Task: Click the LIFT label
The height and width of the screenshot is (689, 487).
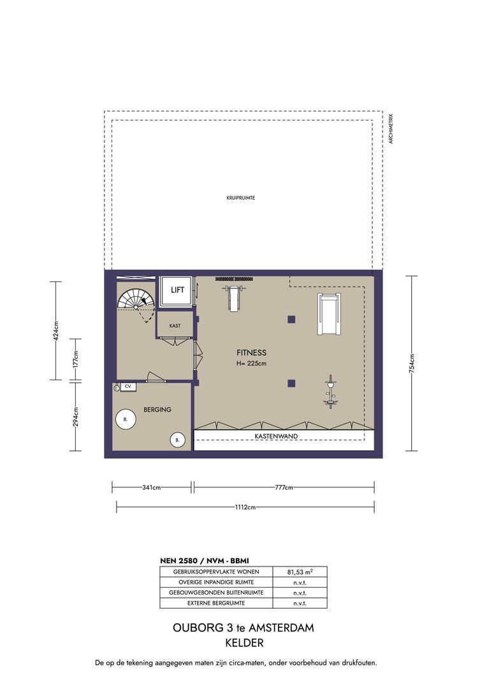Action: coord(177,290)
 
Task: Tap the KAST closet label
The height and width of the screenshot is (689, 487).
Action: coord(175,326)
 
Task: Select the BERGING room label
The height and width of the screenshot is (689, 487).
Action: coord(157,410)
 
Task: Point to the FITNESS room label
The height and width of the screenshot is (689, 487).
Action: coord(251,352)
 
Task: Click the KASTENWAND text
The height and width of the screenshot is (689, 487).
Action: coord(276,436)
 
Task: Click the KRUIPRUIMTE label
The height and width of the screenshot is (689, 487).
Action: coord(241,198)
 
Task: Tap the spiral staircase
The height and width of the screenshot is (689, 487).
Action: coord(136,299)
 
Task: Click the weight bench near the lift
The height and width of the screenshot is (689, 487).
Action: coord(233,297)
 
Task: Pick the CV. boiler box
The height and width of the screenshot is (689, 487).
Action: coord(128,387)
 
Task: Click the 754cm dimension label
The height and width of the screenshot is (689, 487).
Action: coord(412,364)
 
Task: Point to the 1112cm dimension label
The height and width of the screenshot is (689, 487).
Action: coord(245,507)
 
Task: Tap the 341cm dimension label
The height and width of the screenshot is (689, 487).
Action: coord(152,487)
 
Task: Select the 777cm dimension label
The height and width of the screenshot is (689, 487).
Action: coord(284,487)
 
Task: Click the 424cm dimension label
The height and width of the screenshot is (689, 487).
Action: coord(55,331)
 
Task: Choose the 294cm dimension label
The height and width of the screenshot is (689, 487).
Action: coord(75,417)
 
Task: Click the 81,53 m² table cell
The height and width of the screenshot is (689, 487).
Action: coord(300,572)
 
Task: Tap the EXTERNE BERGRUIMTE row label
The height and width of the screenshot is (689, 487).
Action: coord(216,604)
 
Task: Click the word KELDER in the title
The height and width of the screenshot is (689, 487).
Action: coord(244,643)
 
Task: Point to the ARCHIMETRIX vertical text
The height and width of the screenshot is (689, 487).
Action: coord(391,129)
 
